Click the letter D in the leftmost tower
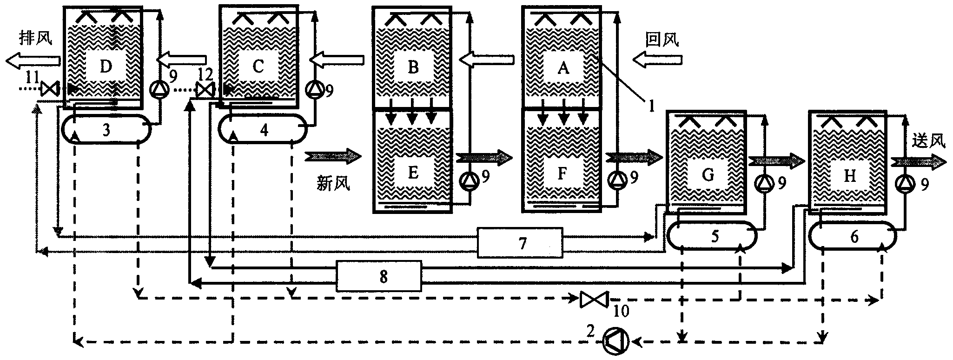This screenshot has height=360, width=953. coord(106,67)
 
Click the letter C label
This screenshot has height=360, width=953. coord(258,67)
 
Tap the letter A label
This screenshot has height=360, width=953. coord(563,68)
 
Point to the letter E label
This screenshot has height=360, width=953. coord(413,172)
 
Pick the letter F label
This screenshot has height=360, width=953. coord(562,173)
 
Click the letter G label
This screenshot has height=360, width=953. coord(708,175)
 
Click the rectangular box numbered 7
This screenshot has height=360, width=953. coord(520,243)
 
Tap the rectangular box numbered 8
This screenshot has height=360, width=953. coord(379,276)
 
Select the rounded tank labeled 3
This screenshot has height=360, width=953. coord(106,130)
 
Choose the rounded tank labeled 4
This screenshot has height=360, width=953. coord(263,129)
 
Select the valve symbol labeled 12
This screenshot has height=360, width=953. coord(204,89)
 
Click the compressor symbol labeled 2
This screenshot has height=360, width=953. coord(615,341)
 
